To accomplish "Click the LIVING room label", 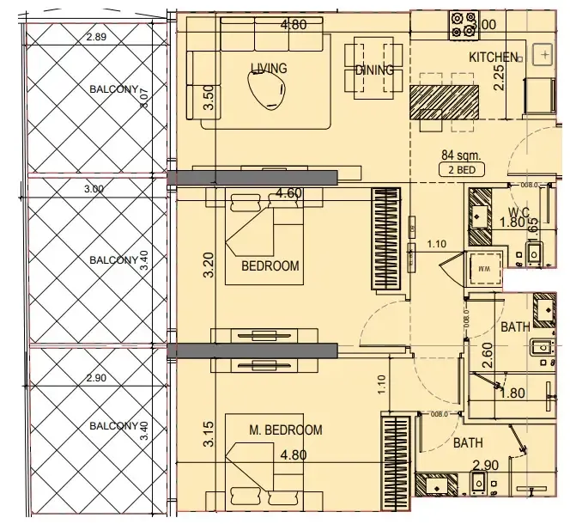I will coord(269,69).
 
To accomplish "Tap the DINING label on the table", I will coord(374,70).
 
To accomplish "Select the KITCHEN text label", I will coord(494,58).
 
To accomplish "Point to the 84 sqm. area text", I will coord(459,155).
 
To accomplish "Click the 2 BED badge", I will coord(461,170).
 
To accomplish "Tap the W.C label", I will coord(518,211).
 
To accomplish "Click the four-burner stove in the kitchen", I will coord(464,24).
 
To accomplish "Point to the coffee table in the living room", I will coord(267,88).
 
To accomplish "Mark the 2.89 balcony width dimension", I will coord(97,37).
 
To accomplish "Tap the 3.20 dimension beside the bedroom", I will coord(207,265).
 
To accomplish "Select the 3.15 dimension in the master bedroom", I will coord(207,435).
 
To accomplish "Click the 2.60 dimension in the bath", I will coord(487,355).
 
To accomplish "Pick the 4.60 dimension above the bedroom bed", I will coord(288,194).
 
